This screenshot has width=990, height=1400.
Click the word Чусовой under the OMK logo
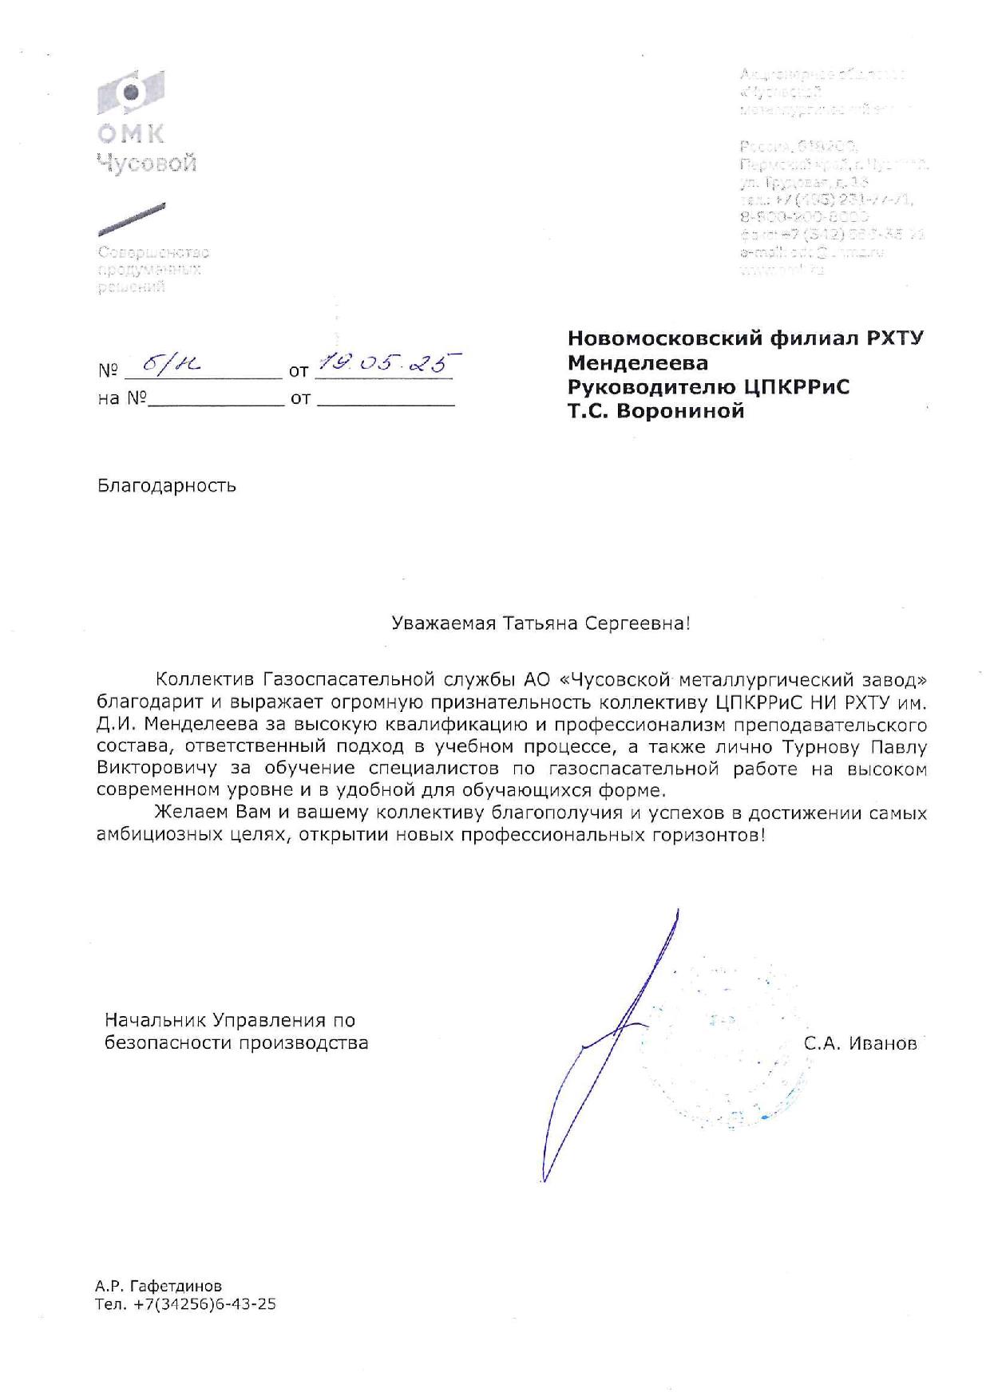[146, 164]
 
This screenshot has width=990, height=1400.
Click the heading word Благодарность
[167, 485]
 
